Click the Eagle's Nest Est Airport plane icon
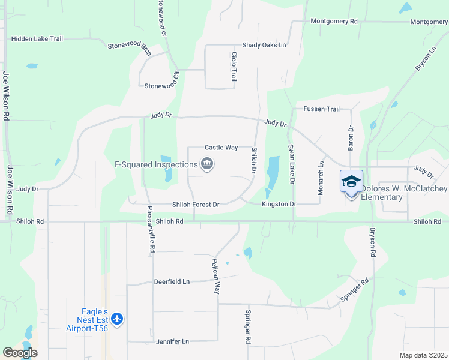pos(117,319)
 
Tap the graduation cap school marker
pos(351,181)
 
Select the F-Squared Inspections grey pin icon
pos(207,164)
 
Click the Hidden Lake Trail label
pos(37,39)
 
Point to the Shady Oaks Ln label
pos(264,45)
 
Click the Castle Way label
pos(221,147)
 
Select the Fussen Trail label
pos(321,109)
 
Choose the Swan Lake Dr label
pos(291,164)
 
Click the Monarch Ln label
pos(321,177)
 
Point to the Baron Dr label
pos(351,139)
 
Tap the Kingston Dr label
pos(279,205)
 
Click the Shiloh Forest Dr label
pos(196,205)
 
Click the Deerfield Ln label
pos(172,281)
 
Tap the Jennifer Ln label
pos(172,341)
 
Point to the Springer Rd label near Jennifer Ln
pos(247,326)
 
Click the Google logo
pos(20,353)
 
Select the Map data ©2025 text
pos(423,355)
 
